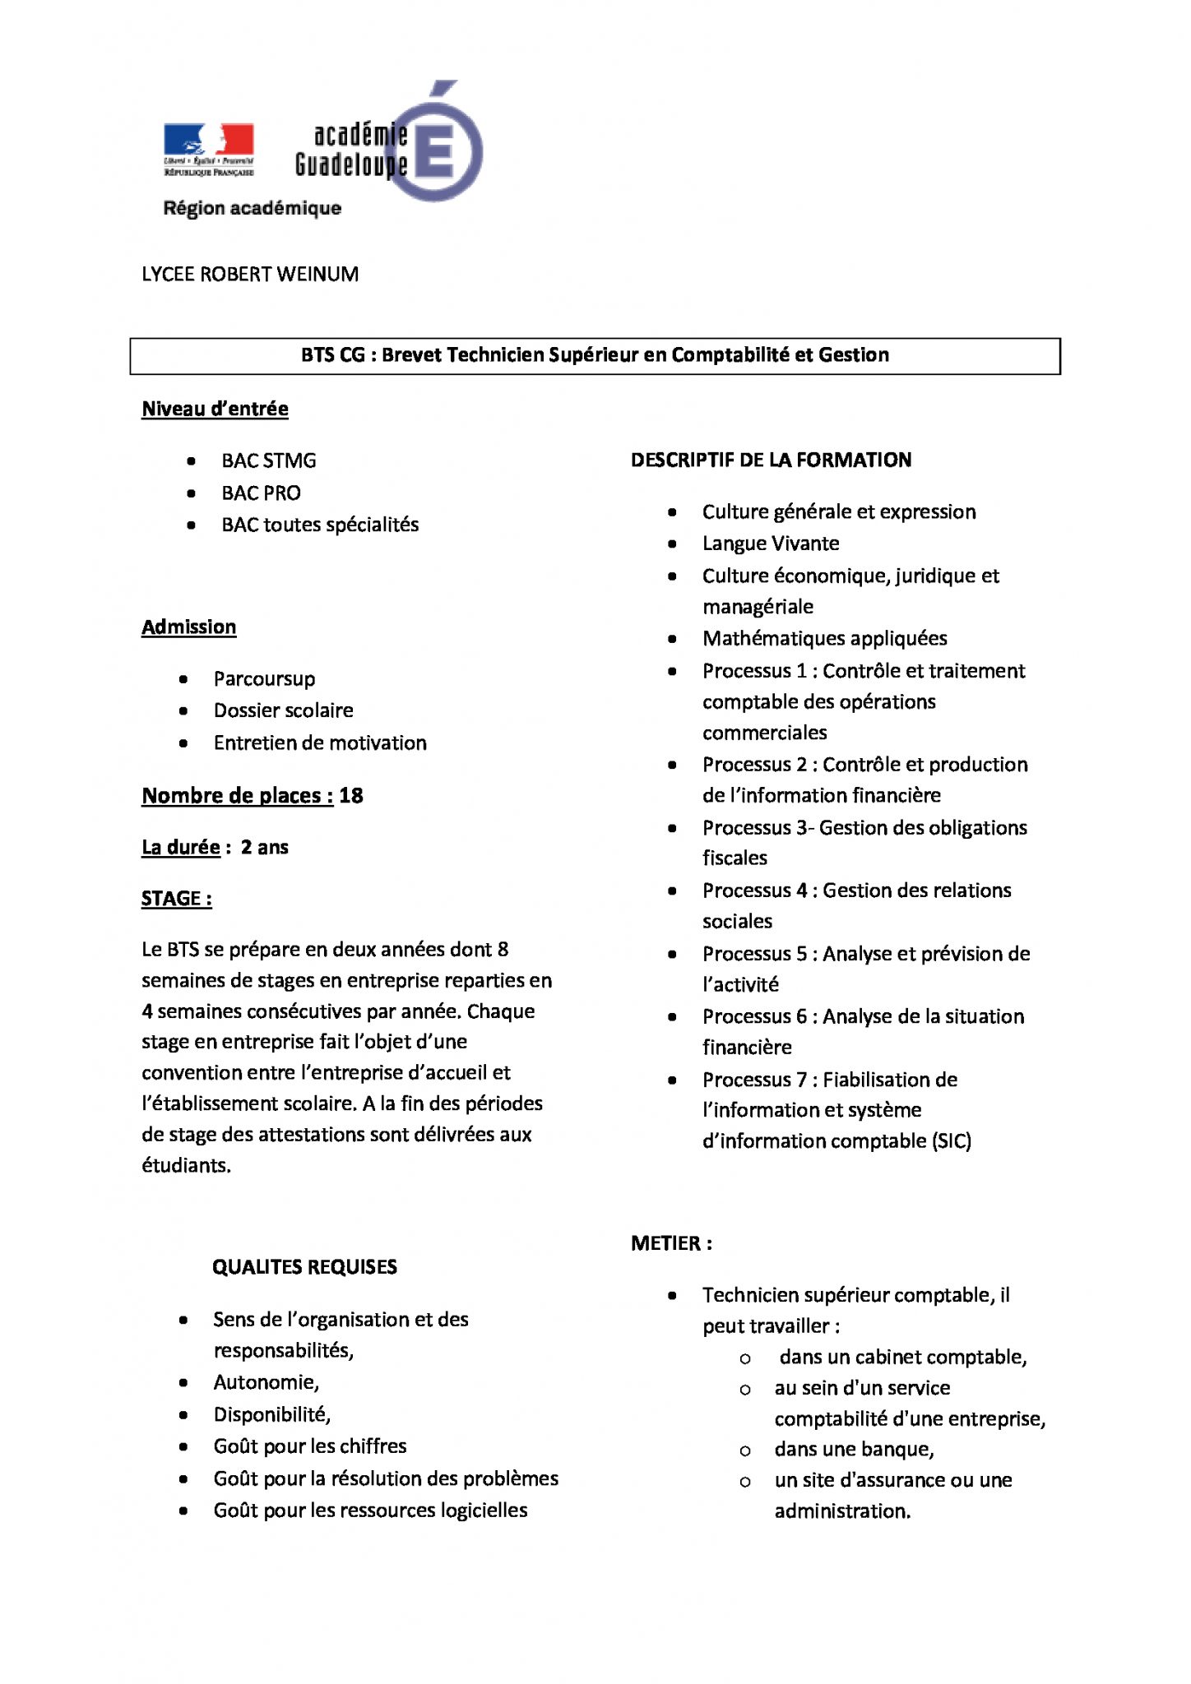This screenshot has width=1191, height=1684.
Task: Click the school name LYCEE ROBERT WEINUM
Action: coord(250,275)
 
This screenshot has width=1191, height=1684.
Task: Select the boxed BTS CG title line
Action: coord(595,355)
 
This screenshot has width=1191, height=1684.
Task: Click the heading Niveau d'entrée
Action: coord(215,409)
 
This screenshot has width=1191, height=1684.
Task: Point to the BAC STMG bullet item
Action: coord(268,460)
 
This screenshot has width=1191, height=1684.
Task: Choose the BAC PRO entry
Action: coord(261,493)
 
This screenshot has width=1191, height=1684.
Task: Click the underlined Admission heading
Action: coord(188,627)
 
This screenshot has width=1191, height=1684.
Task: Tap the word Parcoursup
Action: coord(264,678)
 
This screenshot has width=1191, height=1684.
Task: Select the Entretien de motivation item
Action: coord(320,743)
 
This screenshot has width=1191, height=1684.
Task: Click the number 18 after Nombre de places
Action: coord(351,795)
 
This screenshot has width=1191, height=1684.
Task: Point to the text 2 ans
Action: coord(265,847)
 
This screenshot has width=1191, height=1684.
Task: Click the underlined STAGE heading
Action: coord(176,898)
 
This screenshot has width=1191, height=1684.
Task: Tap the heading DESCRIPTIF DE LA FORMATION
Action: coord(771,460)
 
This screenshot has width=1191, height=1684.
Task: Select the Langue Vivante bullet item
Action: coord(771,544)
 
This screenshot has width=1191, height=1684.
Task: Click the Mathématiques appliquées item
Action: coord(824,638)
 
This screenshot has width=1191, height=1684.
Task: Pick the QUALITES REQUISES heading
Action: coord(304,1267)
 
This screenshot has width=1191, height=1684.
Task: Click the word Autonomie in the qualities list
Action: coord(266,1382)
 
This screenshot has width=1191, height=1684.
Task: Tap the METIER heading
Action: coord(671,1243)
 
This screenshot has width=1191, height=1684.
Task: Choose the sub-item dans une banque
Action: coord(854,1449)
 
